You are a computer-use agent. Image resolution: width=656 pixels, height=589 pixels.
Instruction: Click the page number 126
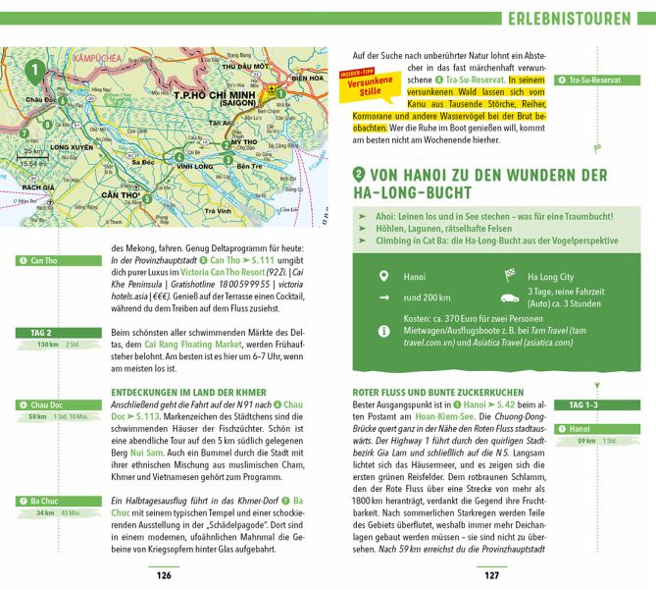click(163, 575)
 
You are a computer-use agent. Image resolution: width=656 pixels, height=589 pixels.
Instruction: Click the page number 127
click(492, 575)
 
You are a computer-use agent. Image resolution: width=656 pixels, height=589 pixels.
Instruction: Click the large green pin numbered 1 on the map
click(36, 70)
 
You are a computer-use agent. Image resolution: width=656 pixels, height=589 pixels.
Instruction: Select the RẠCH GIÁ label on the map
click(40, 186)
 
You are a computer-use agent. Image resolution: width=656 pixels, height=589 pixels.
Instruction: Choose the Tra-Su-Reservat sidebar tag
click(588, 80)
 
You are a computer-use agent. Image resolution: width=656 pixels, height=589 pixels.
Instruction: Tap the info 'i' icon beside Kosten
click(384, 332)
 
